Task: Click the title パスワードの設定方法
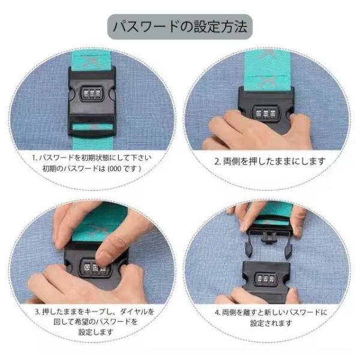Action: click(180, 27)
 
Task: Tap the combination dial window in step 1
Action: click(92, 94)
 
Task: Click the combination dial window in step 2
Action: click(266, 113)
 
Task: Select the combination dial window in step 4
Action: click(266, 279)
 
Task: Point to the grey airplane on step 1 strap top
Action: click(92, 61)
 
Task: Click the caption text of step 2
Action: click(270, 161)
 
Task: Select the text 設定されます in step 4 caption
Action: click(271, 323)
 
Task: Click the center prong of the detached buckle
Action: click(269, 238)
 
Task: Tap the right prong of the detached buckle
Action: click(289, 251)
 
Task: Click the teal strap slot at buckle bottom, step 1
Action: click(92, 127)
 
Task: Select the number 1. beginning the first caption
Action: click(34, 158)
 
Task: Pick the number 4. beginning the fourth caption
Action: click(217, 312)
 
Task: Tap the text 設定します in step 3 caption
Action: click(96, 332)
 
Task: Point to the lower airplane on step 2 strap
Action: click(268, 81)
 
